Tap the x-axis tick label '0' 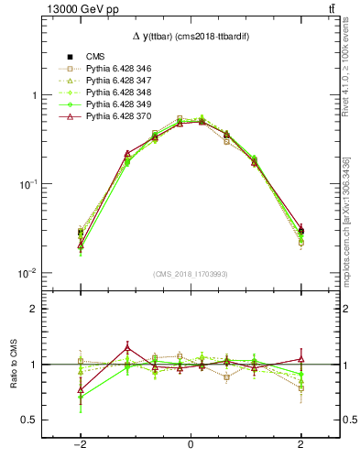tap(191, 444)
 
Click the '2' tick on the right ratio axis tap(347, 310)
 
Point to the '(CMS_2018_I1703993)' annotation tap(191, 274)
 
